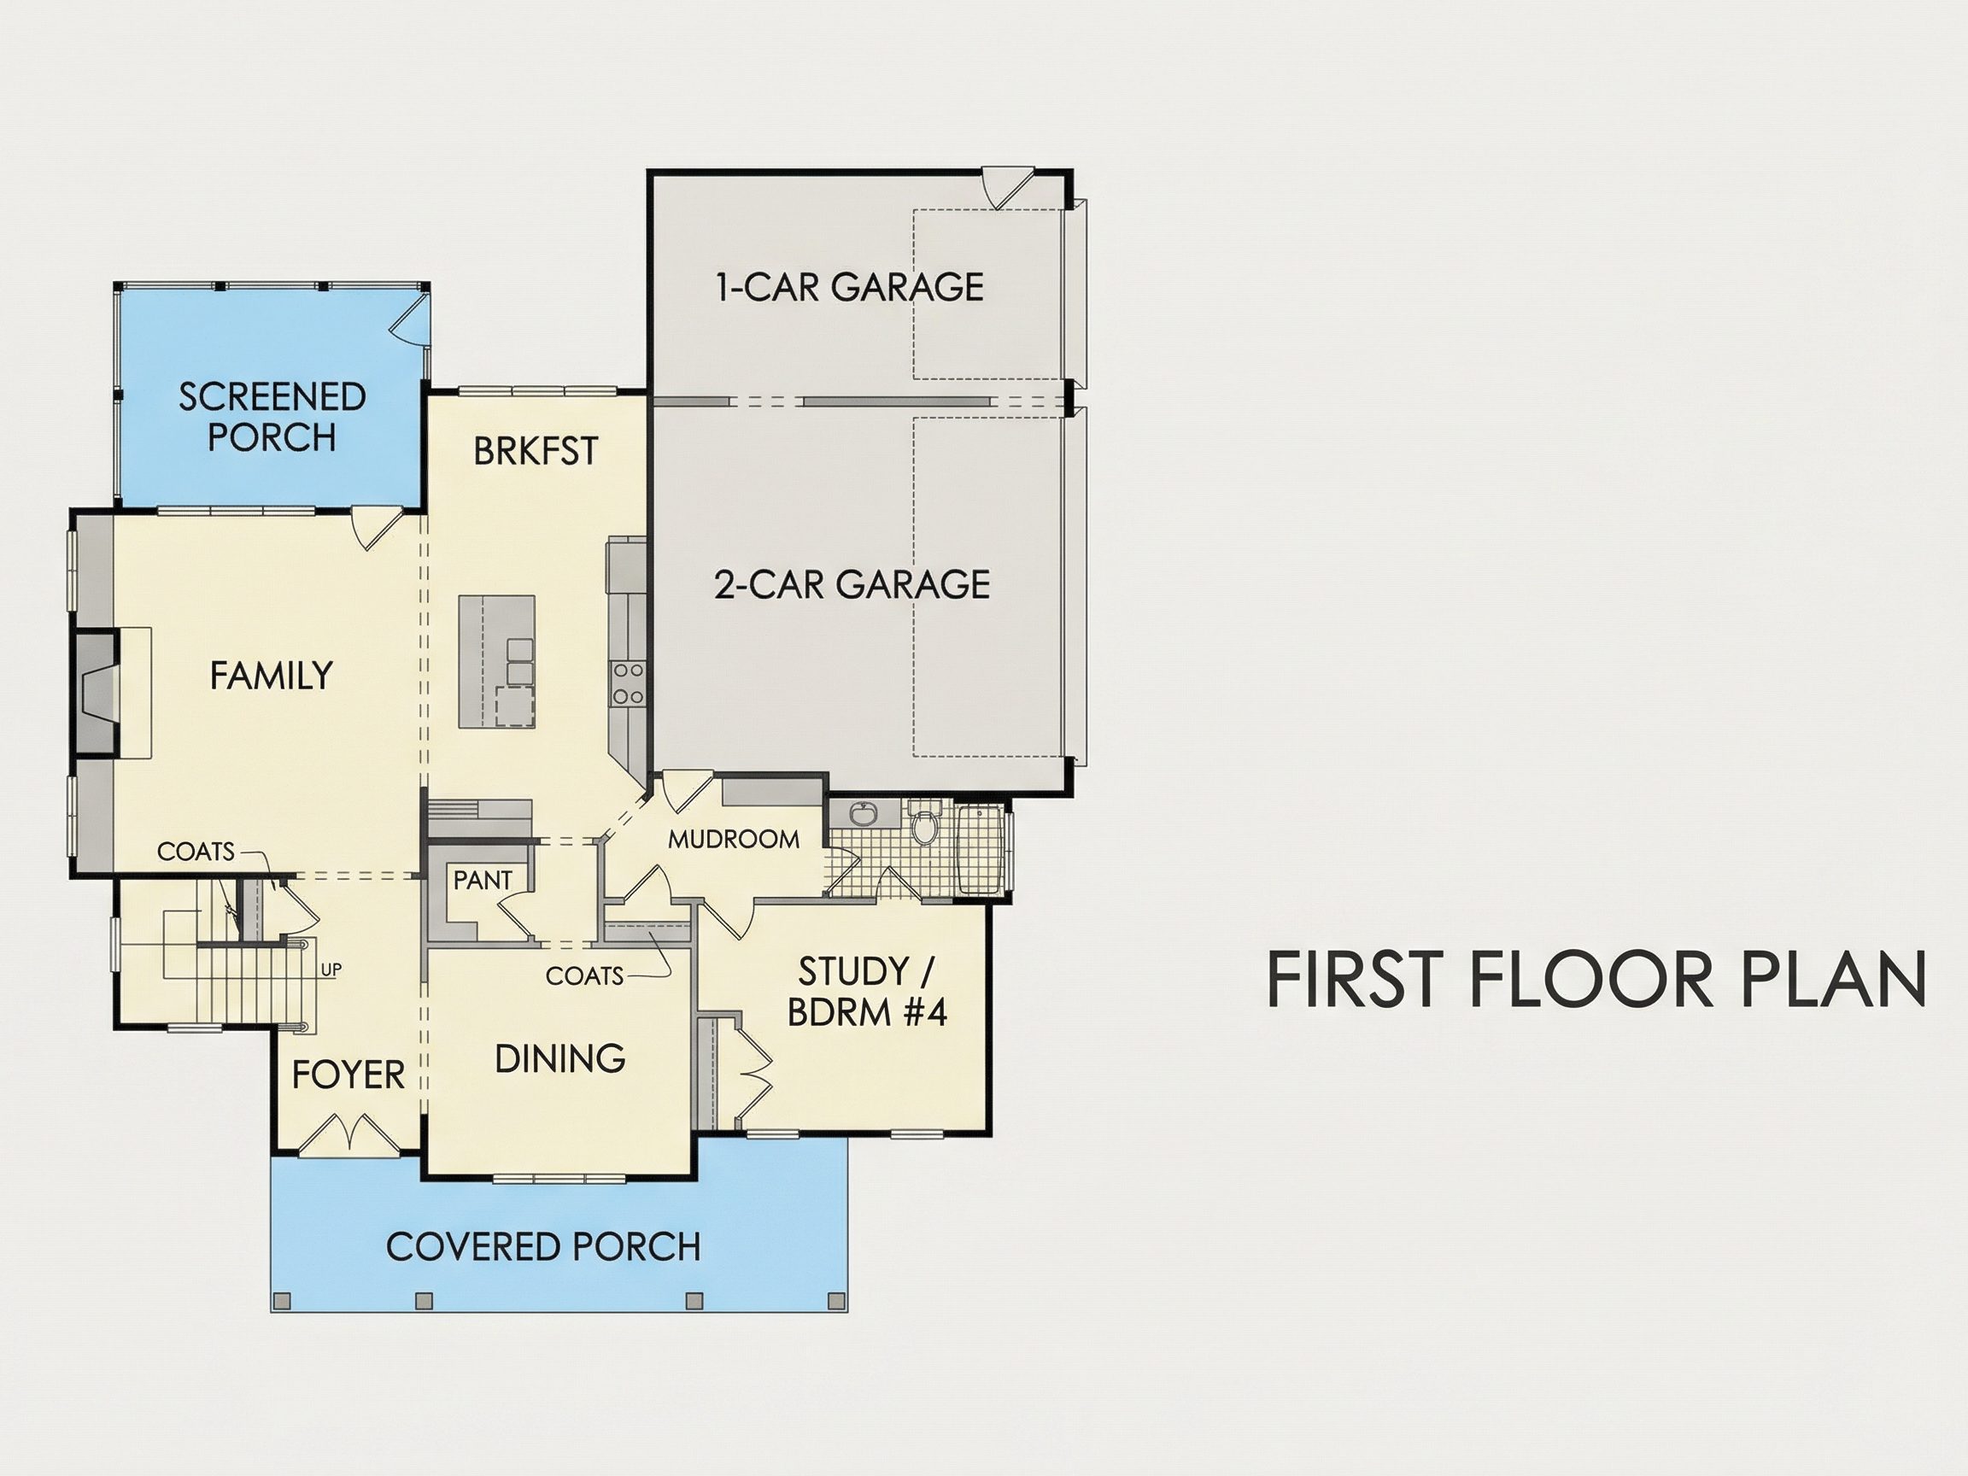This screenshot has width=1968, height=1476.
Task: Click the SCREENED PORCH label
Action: coord(272,416)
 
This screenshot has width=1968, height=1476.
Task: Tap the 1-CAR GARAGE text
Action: coord(851,286)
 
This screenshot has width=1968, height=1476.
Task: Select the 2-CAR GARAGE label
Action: coord(852,583)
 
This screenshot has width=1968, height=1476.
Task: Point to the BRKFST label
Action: coord(536,451)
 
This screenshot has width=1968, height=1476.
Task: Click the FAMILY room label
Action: coord(272,676)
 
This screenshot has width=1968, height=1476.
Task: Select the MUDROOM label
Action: coord(734,839)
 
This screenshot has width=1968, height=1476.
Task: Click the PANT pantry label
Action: coord(483,880)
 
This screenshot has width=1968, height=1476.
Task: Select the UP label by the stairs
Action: coord(331,969)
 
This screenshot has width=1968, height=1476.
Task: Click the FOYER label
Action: coord(348,1075)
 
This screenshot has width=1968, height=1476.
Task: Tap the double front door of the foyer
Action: coord(348,1136)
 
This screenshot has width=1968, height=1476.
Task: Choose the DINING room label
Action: coord(560,1058)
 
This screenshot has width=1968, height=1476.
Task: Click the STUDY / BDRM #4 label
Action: coord(867,991)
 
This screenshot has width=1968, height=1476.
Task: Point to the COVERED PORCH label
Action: coord(543,1246)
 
